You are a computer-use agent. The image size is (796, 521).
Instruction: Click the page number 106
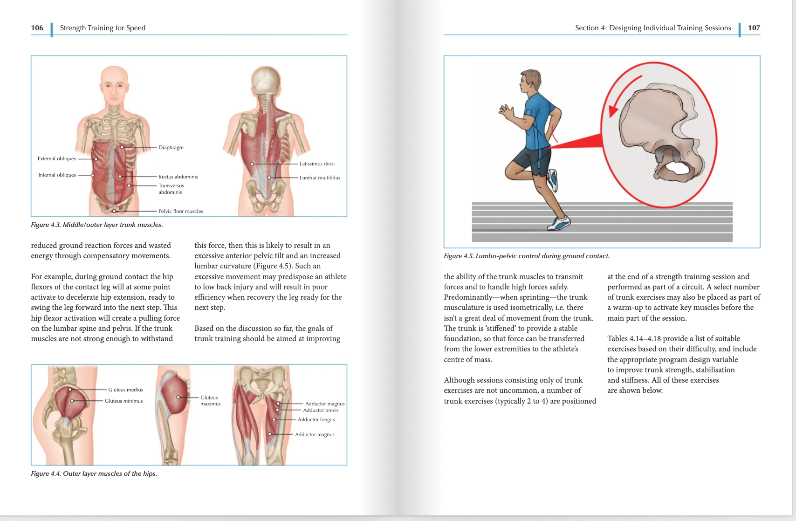pos(37,28)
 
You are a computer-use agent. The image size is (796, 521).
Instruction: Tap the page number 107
pos(754,28)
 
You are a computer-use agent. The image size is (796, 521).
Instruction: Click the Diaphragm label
pos(171,148)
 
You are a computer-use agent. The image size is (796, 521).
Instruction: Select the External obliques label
pos(57,159)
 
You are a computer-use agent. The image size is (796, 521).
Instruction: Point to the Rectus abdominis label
pos(178,177)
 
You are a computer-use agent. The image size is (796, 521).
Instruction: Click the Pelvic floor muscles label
pos(180,212)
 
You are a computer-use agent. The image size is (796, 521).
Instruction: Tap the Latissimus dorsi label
pos(317,164)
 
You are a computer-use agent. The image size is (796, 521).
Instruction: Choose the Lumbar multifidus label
pos(320,178)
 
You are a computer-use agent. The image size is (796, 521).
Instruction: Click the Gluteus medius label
pos(125,390)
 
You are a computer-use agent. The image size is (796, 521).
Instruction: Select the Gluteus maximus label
pos(210,401)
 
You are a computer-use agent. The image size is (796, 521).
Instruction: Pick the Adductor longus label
pos(316,420)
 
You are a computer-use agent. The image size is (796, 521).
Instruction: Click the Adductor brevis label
pos(321,411)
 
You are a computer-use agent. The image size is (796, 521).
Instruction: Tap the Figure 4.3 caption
pos(96,225)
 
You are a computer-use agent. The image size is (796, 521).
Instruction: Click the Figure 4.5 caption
pos(526,256)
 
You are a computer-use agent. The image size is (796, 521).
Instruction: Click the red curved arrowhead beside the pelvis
pos(613,110)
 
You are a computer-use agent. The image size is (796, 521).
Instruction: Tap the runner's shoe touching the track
pos(558,223)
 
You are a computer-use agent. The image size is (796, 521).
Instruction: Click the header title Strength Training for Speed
pos(103,28)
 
